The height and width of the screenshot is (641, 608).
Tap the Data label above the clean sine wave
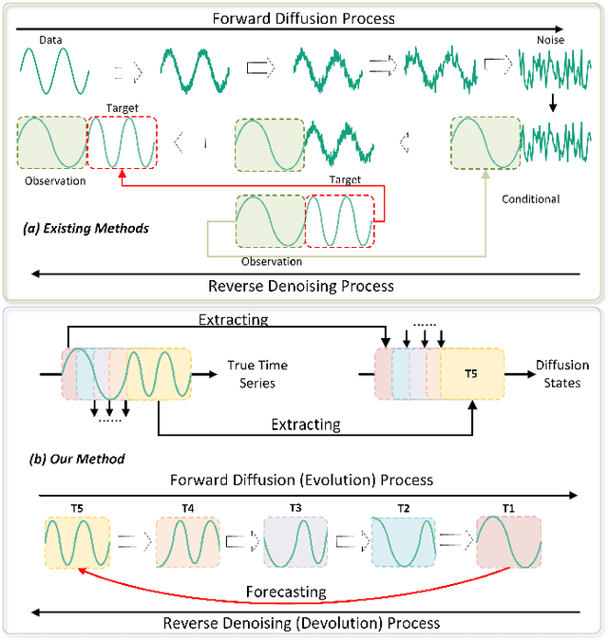point(52,40)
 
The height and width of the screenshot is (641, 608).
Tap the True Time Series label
point(256,373)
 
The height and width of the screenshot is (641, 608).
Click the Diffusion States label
point(562,373)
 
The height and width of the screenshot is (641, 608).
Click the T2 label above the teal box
point(405,507)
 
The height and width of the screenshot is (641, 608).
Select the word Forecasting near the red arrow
point(287,592)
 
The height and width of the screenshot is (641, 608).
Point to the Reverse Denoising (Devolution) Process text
point(301,623)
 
